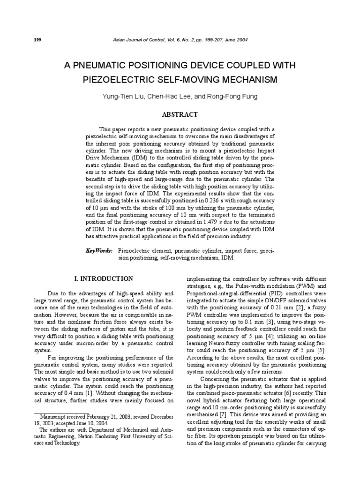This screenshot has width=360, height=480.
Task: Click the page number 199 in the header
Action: click(x=37, y=40)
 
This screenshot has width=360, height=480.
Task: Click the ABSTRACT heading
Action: click(x=180, y=114)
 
